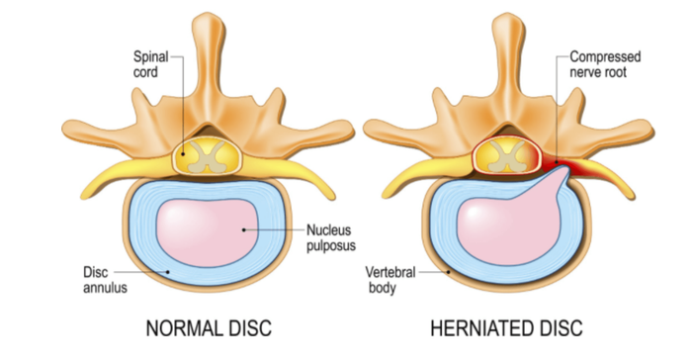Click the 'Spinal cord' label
(151, 64)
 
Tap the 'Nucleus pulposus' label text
(331, 237)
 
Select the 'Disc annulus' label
(105, 280)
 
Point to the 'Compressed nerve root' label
(605, 64)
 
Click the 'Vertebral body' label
(390, 280)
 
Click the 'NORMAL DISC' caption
(209, 328)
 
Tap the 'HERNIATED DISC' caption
(506, 328)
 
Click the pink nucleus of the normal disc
(207, 232)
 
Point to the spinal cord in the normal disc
(207, 156)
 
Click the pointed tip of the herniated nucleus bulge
(566, 170)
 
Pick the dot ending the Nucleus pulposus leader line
(243, 229)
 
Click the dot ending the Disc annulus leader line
(168, 272)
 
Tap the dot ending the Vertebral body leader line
(449, 272)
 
